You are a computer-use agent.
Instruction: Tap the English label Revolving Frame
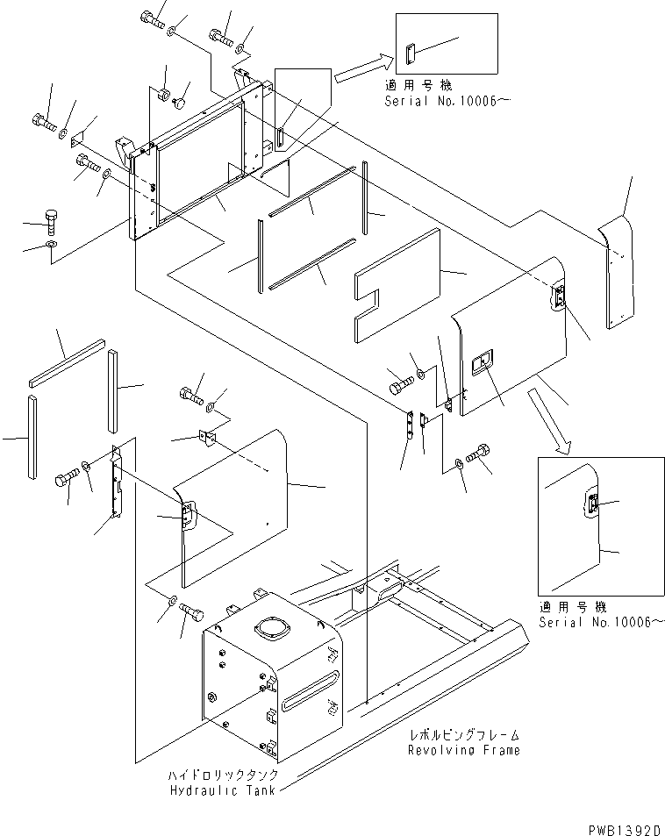point(463,750)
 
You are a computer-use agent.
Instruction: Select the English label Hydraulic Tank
point(222,790)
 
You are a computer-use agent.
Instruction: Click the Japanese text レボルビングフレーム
point(464,736)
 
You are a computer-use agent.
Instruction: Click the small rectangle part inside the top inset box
point(410,54)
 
